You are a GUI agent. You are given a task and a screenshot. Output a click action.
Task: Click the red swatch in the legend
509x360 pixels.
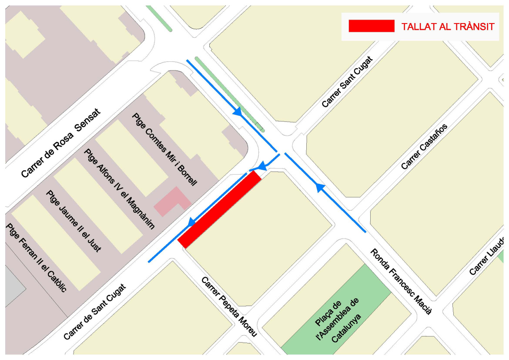371,26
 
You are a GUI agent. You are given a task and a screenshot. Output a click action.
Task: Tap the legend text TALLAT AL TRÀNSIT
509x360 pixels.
448,27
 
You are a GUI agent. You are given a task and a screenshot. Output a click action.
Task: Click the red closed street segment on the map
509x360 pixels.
220,210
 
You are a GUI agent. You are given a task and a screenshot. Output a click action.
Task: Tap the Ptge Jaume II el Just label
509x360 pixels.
74,221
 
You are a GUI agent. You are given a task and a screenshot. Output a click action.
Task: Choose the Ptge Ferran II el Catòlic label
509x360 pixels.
36,258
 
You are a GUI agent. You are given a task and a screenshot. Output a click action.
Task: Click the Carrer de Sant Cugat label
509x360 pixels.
94,312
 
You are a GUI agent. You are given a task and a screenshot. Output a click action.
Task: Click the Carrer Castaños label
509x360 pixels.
424,147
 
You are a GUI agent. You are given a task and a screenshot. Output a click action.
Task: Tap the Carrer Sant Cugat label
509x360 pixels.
348,82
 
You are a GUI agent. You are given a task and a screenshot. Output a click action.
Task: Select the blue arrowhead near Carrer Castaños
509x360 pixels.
320,187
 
